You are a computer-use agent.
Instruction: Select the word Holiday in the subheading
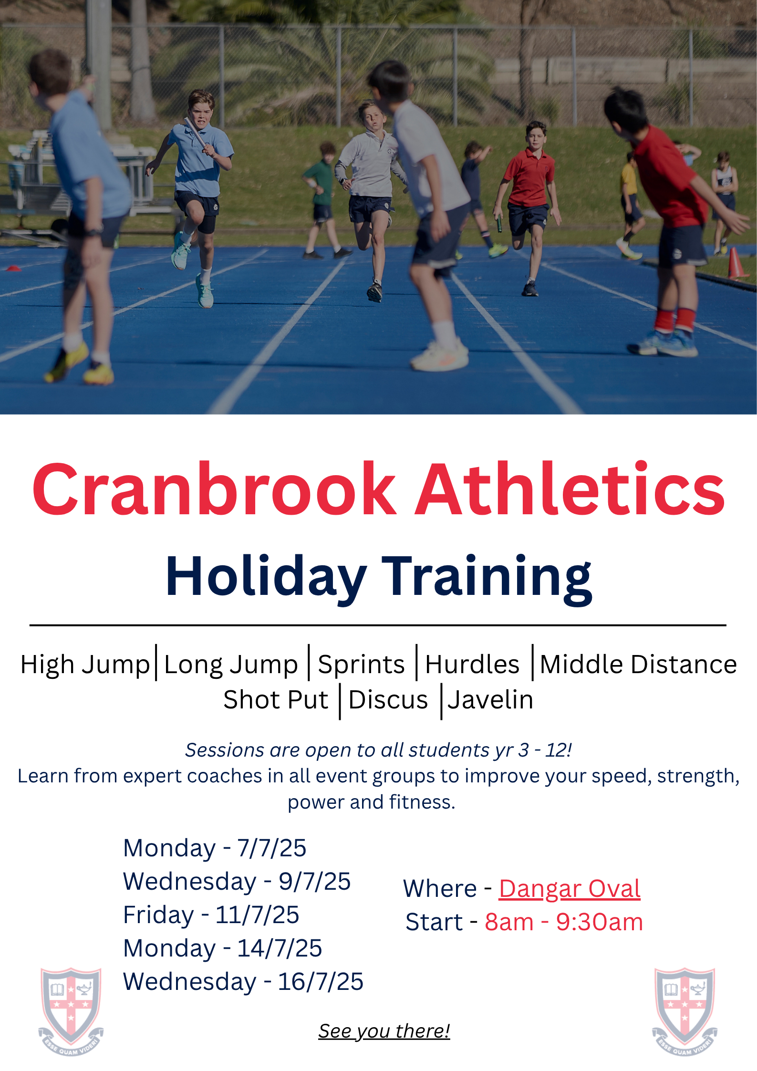pos(266,578)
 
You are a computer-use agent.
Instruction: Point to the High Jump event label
pos(85,665)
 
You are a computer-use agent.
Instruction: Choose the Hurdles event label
pos(472,664)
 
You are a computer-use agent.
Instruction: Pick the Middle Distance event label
pos(638,664)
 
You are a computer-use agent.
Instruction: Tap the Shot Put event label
pos(276,700)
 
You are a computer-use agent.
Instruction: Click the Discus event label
pos(388,700)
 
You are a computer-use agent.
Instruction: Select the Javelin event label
pos(490,700)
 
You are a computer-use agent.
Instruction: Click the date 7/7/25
pos(272,848)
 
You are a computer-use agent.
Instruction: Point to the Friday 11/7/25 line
pos(211,915)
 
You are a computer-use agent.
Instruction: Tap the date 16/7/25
pos(321,982)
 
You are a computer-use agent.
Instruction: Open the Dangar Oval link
pos(570,889)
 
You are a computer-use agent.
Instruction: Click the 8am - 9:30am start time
pos(564,922)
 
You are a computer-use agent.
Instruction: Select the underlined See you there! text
pos(384,1031)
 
